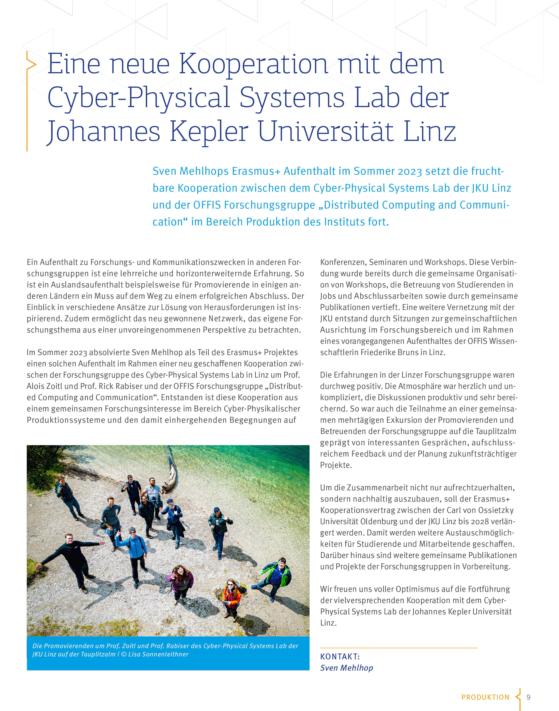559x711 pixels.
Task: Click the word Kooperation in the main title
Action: coord(253,64)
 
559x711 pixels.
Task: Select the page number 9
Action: coord(528,697)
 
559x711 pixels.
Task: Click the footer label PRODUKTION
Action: coord(485,697)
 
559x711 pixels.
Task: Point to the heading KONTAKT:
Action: coord(340,656)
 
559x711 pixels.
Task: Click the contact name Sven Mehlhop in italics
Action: coord(346,668)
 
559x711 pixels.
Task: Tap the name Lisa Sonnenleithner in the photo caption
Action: coord(158,654)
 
